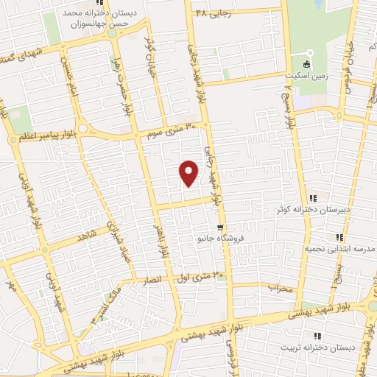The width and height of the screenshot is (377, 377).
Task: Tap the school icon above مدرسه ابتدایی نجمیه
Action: click(339, 237)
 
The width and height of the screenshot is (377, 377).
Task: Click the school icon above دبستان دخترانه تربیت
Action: click(318, 334)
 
